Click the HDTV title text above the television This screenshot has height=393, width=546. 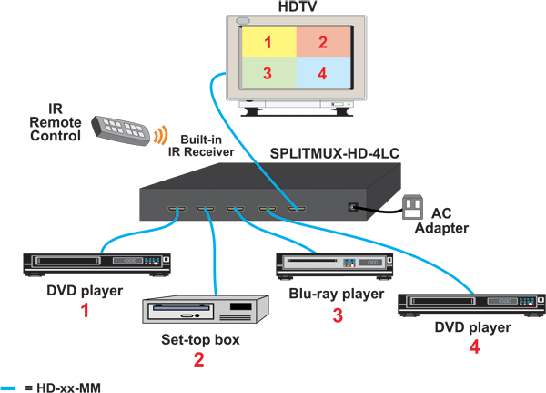click(295, 7)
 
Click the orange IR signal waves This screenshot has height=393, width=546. click(160, 136)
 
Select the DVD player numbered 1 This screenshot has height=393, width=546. click(96, 263)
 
